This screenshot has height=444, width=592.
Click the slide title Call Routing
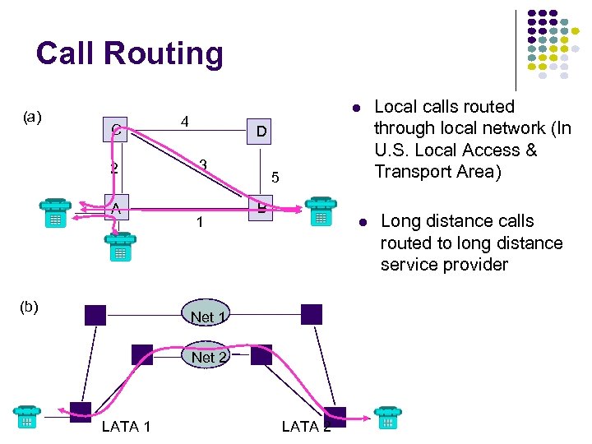[x=129, y=54]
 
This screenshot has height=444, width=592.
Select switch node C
[x=116, y=129]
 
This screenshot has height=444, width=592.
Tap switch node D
[x=260, y=132]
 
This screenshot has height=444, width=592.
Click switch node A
[x=116, y=207]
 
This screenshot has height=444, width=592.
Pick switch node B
[x=260, y=209]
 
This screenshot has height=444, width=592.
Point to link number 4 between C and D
[x=185, y=122]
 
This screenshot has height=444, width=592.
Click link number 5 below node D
[x=275, y=178]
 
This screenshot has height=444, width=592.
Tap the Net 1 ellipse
[x=202, y=317]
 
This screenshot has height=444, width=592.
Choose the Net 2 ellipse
[x=202, y=357]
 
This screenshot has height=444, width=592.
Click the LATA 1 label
[x=126, y=426]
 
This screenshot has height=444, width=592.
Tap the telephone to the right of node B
[x=319, y=211]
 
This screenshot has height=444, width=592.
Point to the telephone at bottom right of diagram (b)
[x=387, y=419]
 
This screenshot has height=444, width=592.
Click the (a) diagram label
[x=32, y=117]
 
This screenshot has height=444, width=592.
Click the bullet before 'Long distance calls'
[x=359, y=222]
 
